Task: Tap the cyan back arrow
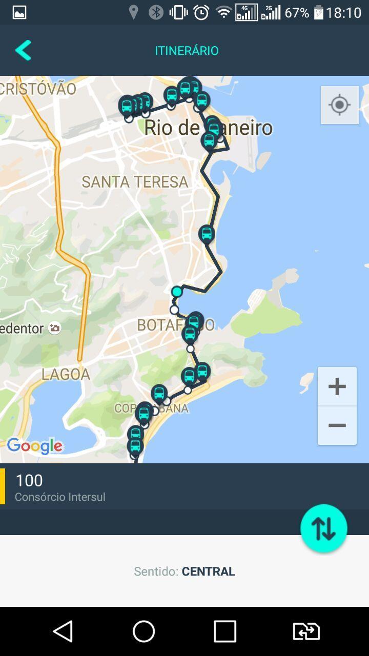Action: [x=23, y=50]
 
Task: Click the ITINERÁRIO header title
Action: [x=187, y=51]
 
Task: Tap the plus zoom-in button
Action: [x=337, y=386]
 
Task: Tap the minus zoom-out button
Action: [x=337, y=425]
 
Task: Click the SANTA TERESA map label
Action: [x=135, y=182]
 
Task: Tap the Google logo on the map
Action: [x=35, y=446]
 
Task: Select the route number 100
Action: [x=29, y=480]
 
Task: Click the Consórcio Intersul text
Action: [x=60, y=497]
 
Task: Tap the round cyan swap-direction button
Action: [x=323, y=528]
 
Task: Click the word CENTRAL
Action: [x=208, y=571]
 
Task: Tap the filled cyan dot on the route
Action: [x=177, y=292]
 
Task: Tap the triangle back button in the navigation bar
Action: [x=63, y=631]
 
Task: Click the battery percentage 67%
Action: [x=297, y=13]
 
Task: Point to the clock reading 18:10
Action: [x=343, y=13]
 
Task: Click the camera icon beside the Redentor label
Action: [x=55, y=328]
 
